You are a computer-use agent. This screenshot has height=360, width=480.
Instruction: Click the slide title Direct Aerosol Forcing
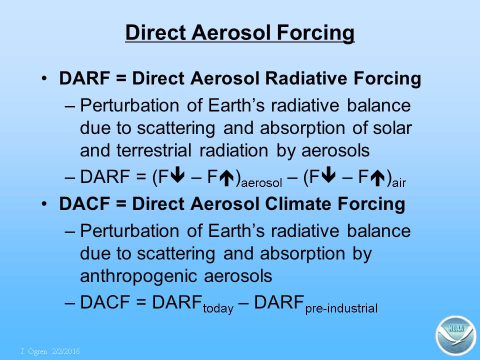(x=239, y=32)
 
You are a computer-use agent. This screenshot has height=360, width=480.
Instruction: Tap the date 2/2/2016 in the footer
(x=66, y=351)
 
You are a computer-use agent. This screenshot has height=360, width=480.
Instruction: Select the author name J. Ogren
(x=33, y=351)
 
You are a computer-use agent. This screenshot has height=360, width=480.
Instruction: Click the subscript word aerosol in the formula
(x=261, y=183)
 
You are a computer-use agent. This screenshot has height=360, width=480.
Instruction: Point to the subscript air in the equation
(x=399, y=183)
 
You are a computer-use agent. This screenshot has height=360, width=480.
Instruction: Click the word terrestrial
(x=153, y=150)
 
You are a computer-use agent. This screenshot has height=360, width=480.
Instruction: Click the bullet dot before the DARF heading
(x=44, y=78)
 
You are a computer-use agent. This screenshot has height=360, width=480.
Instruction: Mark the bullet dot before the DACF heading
(x=44, y=203)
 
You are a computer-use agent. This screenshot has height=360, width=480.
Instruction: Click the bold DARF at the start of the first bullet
(x=84, y=78)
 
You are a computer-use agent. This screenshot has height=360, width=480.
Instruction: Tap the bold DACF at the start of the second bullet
(x=84, y=203)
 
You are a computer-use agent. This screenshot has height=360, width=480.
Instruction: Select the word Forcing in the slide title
(x=315, y=33)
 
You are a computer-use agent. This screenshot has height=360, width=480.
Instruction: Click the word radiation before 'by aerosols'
(x=233, y=150)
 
